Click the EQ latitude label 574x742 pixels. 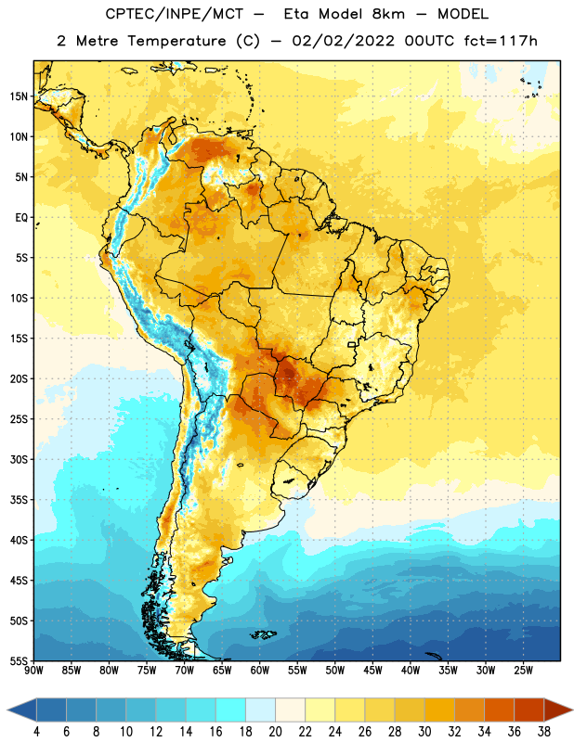click(21, 218)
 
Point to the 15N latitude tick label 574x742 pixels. click(19, 96)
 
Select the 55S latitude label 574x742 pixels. click(19, 660)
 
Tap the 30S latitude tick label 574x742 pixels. click(19, 459)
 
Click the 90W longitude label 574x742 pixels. click(33, 671)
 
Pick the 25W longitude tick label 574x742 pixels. click(523, 671)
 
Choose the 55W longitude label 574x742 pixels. click(297, 671)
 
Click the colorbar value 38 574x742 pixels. click(544, 732)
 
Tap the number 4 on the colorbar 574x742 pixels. click(36, 732)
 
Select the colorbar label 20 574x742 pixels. click(275, 732)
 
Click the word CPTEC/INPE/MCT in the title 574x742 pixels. click(175, 14)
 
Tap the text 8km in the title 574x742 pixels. click(388, 14)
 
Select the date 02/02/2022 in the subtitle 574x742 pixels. click(343, 41)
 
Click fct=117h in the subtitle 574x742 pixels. click(501, 41)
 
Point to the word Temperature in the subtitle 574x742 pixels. click(176, 42)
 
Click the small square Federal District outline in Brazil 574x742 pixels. click(352, 344)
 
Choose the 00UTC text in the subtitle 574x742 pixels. click(429, 41)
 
